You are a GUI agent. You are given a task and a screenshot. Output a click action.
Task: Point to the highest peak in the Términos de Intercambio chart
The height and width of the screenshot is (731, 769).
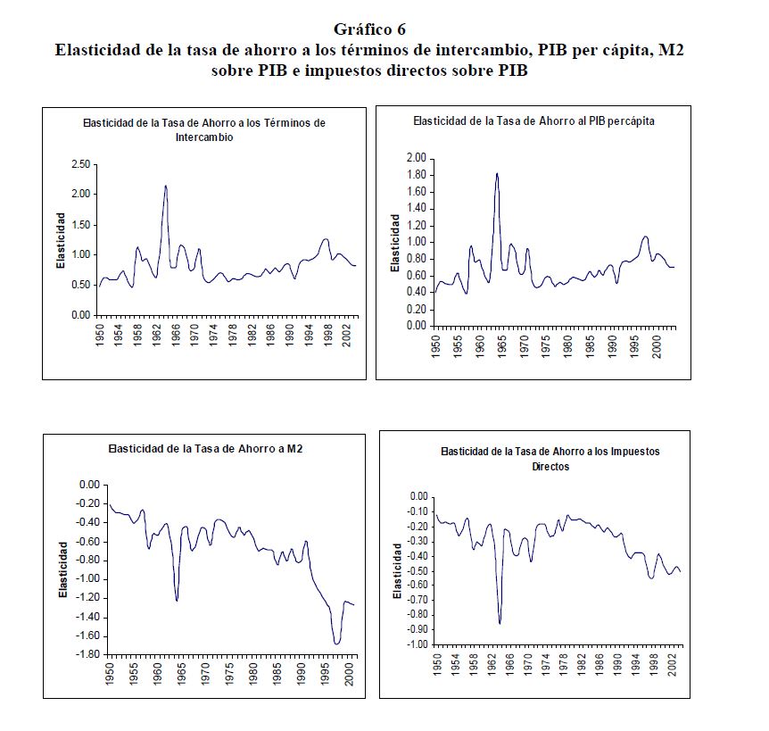(x=165, y=186)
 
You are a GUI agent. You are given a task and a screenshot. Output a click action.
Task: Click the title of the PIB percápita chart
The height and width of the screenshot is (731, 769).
(x=533, y=121)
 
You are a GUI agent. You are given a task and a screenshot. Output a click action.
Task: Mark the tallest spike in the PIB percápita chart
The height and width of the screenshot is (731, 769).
(x=497, y=173)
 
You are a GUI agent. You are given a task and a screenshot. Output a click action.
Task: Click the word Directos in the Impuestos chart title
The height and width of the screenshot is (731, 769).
(x=550, y=466)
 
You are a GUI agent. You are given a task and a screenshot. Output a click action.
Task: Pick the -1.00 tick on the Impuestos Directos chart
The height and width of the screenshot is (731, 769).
(x=417, y=644)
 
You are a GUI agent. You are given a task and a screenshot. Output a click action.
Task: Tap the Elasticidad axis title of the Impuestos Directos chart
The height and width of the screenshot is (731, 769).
(x=397, y=570)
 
